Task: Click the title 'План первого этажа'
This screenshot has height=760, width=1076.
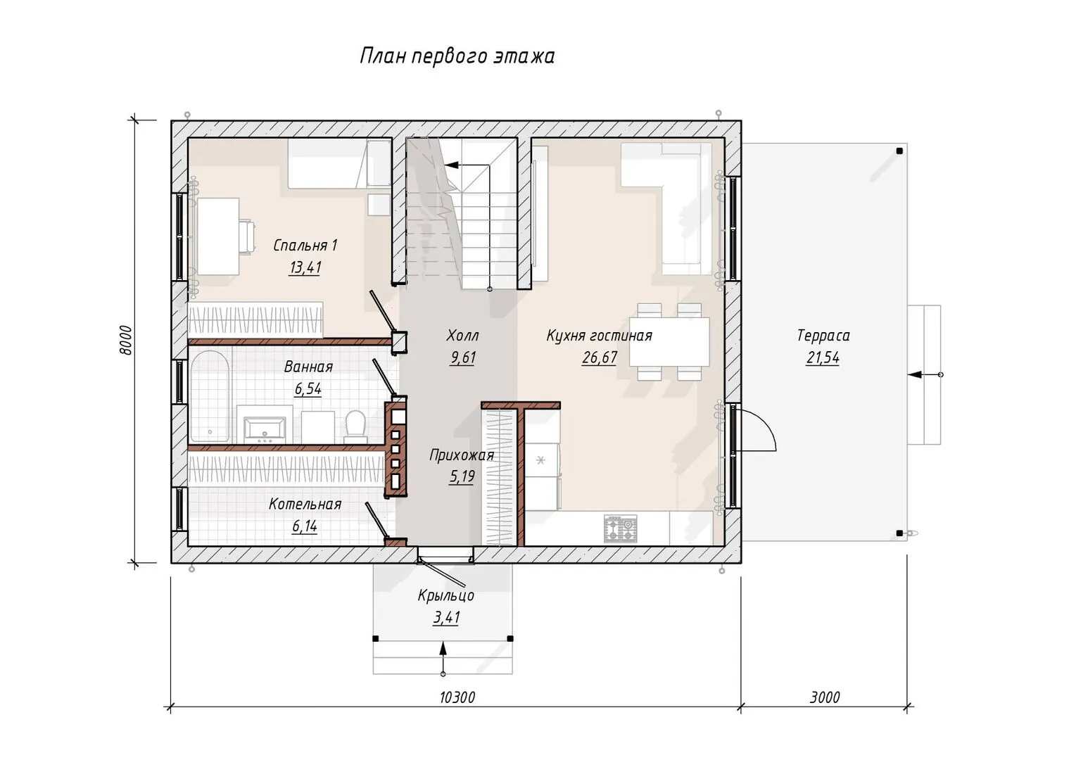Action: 457,56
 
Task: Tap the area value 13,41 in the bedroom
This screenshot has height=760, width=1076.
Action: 305,267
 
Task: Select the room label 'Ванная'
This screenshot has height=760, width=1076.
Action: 308,367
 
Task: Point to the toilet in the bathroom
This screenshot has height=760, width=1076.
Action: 356,426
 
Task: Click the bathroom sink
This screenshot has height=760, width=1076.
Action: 265,429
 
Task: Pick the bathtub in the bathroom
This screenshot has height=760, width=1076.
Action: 210,396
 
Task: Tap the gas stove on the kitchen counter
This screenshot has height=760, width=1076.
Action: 621,528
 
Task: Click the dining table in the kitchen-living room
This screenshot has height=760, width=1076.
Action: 669,341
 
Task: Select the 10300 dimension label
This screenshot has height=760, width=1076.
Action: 457,697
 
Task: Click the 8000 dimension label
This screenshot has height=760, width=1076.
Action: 125,340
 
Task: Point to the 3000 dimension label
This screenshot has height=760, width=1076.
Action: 825,697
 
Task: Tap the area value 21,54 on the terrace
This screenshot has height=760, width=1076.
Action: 823,358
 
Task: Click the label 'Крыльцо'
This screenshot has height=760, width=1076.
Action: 445,596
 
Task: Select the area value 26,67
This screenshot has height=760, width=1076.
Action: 600,358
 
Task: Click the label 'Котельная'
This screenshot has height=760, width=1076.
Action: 305,505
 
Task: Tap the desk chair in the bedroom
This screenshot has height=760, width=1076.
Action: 247,236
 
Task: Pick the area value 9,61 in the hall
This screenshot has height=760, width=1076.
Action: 462,358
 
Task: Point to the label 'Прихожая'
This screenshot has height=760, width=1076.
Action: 462,455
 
